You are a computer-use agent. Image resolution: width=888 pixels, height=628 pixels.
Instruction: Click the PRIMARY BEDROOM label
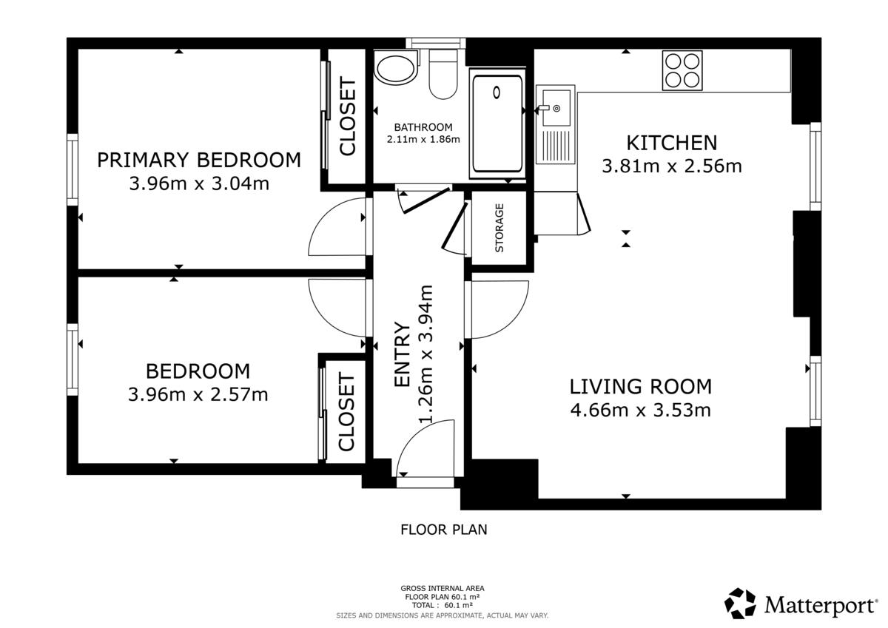point(199,160)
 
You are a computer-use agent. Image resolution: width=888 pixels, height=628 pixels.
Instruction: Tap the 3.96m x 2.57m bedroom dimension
point(198,395)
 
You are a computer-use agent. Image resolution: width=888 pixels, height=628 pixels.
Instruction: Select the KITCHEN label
point(672,143)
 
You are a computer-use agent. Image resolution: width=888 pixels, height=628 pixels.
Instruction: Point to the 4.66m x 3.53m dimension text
point(641,410)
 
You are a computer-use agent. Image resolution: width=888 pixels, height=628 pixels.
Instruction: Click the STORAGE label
point(499,228)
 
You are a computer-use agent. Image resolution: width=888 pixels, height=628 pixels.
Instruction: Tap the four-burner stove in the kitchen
point(682,70)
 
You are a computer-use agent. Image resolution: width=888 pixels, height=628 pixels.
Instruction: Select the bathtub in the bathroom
point(497,124)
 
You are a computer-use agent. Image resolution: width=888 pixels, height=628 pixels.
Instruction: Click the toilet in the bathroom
point(443,75)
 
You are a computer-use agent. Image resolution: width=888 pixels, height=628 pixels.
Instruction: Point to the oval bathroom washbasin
point(396,68)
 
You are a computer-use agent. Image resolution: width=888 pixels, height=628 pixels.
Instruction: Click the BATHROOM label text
point(423,127)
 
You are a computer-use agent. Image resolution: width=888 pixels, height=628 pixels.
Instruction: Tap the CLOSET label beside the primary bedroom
point(348,116)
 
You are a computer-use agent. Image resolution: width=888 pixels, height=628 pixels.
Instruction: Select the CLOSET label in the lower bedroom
point(346,412)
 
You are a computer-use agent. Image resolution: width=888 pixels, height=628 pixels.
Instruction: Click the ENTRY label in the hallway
point(402,354)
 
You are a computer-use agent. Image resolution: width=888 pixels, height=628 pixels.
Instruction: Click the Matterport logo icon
point(740,603)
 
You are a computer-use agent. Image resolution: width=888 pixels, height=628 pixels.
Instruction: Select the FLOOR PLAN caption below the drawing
point(443,530)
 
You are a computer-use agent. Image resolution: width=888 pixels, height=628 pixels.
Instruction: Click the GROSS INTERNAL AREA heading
point(443,588)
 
